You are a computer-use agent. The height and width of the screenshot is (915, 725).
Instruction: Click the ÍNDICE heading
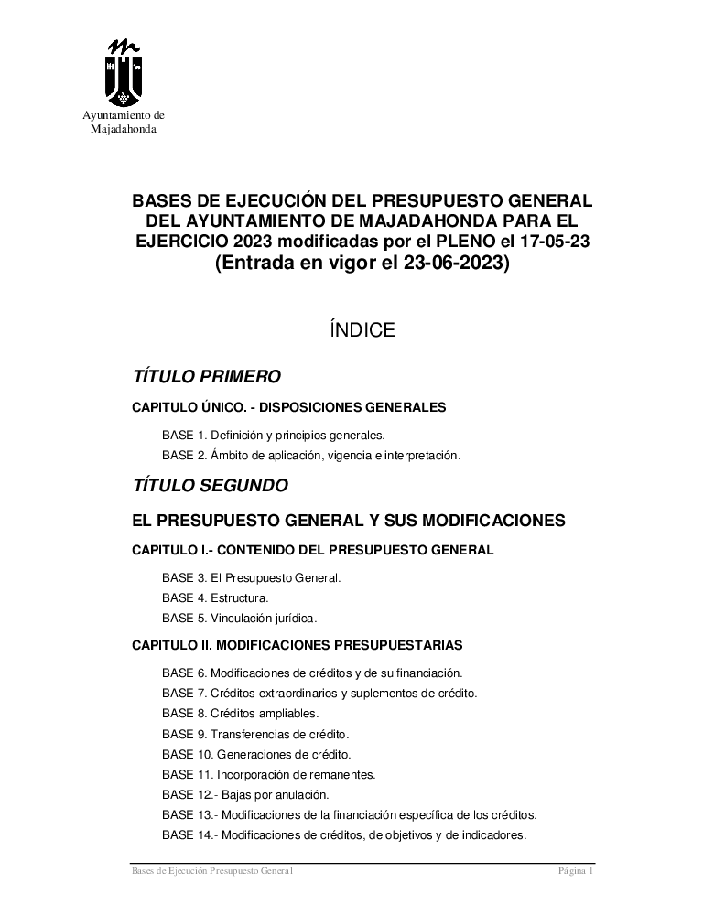(x=362, y=330)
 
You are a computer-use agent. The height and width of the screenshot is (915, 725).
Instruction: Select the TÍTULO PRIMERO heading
(x=206, y=376)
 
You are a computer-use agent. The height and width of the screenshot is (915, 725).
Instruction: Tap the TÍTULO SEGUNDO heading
(x=211, y=485)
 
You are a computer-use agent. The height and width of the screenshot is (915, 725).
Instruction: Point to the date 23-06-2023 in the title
(x=446, y=264)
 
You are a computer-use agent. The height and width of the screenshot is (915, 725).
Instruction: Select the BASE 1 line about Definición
(x=273, y=435)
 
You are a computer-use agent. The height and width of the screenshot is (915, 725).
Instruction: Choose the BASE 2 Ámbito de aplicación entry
(x=310, y=455)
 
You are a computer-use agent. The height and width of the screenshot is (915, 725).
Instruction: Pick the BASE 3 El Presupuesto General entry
(x=251, y=578)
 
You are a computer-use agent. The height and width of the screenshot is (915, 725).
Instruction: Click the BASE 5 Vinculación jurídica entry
(x=239, y=618)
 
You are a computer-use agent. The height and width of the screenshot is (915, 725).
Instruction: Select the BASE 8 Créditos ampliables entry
(x=240, y=713)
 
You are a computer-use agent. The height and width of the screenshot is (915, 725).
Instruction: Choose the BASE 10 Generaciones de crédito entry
(x=256, y=755)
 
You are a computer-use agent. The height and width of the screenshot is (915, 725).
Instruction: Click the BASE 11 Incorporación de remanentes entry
(x=268, y=774)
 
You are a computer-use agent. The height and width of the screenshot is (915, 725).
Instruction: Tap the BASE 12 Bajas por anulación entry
(x=244, y=794)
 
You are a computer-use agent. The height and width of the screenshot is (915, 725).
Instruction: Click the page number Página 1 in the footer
(x=577, y=872)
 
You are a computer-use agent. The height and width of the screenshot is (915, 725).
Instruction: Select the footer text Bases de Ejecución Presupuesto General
(x=211, y=872)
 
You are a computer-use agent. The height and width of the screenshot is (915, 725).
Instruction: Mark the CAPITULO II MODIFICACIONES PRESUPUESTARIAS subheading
(x=298, y=644)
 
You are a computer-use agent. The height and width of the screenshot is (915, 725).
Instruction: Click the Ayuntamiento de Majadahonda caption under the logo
(x=124, y=123)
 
